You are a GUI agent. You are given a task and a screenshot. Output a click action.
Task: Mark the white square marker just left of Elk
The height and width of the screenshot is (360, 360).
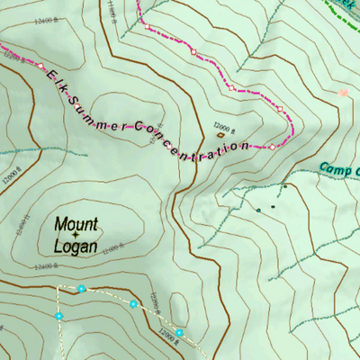40,67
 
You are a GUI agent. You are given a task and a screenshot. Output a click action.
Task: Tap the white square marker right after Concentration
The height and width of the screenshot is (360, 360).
271,146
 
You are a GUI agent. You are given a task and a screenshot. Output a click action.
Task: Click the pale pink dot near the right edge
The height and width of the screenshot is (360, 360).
342,92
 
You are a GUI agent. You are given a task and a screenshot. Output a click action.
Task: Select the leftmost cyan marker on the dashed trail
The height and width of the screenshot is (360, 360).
59,317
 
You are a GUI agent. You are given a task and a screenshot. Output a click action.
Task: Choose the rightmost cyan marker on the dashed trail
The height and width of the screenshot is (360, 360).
179,333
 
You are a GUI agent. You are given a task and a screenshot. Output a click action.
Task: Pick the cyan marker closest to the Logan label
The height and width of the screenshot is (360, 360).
82,289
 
